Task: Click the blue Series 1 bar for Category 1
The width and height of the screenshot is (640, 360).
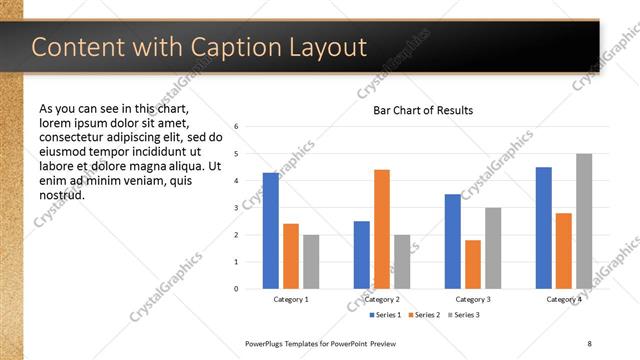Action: coord(271,231)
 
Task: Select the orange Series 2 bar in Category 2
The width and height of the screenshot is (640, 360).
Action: coord(382,229)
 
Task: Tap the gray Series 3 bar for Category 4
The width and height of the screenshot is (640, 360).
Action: coord(584,221)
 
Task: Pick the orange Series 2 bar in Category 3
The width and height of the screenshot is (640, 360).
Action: coord(473,264)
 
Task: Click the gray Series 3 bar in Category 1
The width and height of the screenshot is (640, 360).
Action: coord(311,262)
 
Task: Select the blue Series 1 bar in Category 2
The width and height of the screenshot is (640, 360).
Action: coord(362,255)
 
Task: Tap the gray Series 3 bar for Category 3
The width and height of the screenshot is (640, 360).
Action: coord(493,248)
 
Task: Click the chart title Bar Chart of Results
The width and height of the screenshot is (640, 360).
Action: coord(423,110)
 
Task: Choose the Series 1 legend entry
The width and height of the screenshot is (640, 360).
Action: coord(386,315)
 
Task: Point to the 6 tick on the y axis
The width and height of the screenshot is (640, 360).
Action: coord(236,127)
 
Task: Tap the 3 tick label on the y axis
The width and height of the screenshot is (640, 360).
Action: coord(236,208)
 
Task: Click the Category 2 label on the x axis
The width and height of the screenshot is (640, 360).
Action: coord(382,299)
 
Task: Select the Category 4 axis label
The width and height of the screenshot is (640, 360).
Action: coord(564,299)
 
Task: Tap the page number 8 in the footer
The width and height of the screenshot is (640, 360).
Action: coord(590,344)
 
